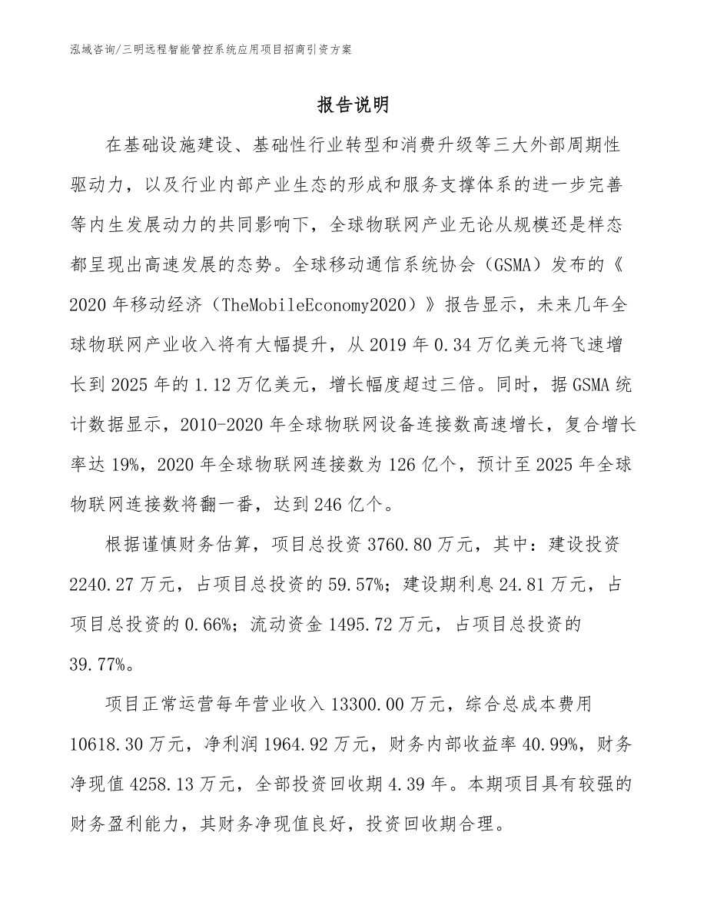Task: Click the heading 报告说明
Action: [x=353, y=104]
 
